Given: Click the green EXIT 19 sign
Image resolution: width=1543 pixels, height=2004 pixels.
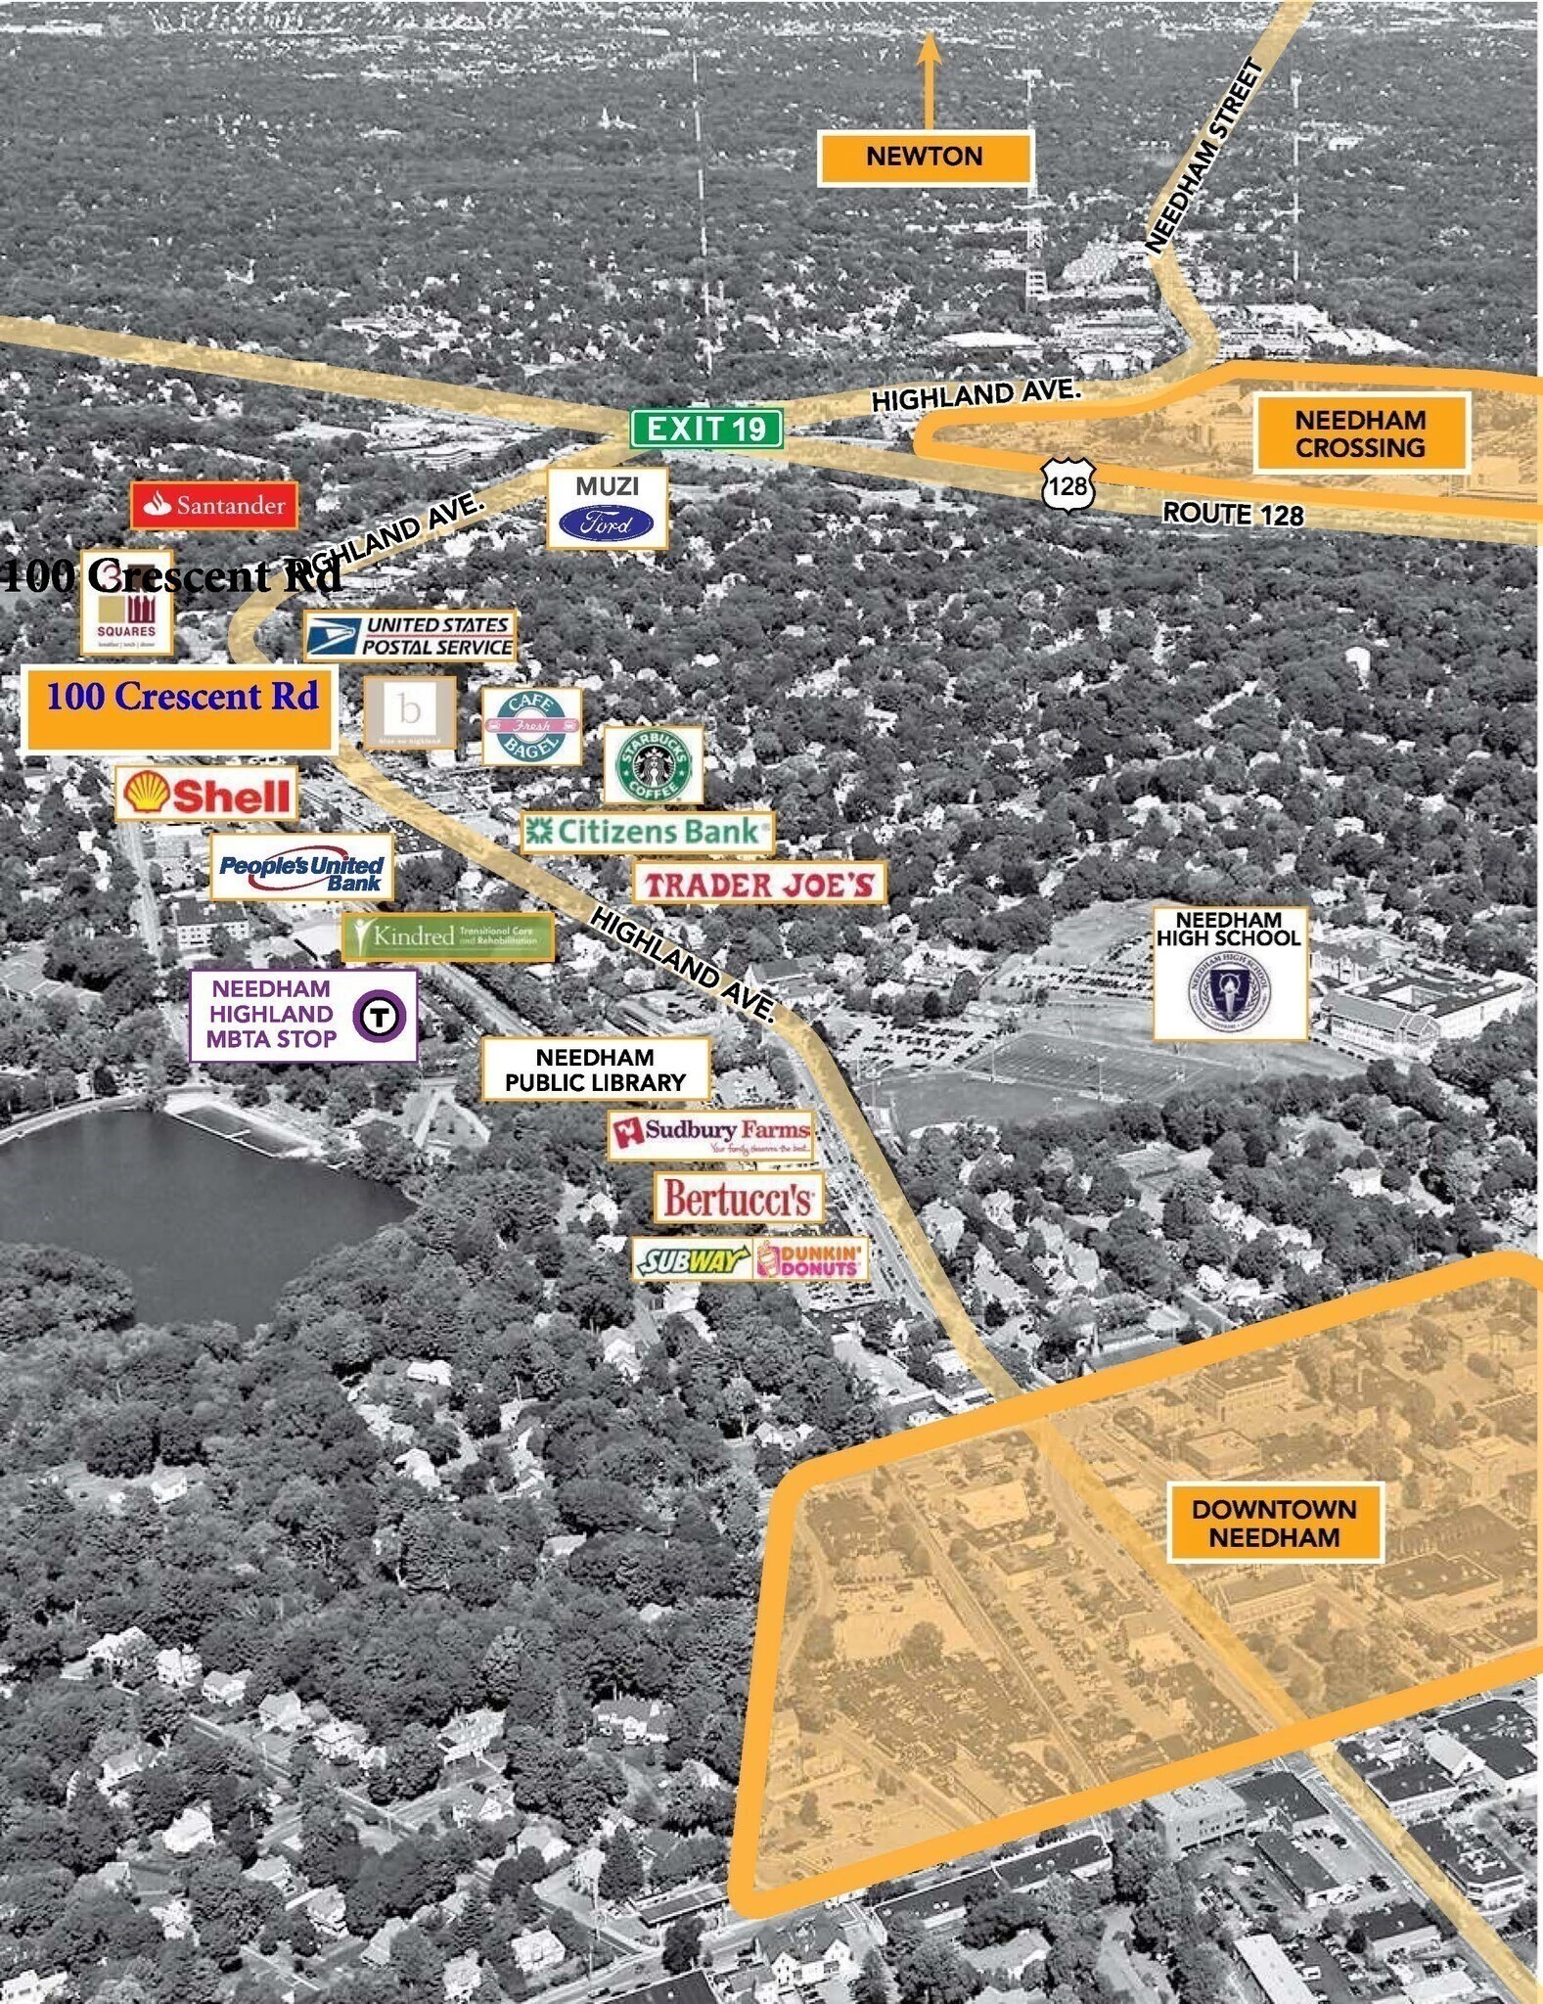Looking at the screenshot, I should [706, 428].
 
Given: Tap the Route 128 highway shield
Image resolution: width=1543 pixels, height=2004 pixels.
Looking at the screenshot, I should [1067, 484].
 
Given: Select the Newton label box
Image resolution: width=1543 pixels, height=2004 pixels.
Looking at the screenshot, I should [925, 157].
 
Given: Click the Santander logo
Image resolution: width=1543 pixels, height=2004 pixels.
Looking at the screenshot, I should [214, 505].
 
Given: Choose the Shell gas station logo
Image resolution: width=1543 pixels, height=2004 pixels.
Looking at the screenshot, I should [207, 793].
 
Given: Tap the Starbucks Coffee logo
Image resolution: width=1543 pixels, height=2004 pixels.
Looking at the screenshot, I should [653, 765].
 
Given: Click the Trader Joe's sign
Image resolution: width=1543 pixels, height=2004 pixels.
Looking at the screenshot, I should [759, 884].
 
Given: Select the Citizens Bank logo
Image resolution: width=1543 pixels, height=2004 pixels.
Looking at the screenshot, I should [647, 832].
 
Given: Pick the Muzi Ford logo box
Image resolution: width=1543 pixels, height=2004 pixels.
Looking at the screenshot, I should [607, 508].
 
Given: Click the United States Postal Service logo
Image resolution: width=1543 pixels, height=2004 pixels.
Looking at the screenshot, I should [410, 636].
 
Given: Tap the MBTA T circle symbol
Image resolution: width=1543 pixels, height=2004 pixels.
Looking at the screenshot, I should [379, 1016].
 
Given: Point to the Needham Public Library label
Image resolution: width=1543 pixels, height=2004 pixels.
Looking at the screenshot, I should [595, 1070].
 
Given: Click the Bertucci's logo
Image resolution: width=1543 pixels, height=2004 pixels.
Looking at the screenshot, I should [739, 1198].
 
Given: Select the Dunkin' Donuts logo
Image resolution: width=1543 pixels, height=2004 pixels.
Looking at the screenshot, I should [811, 1259].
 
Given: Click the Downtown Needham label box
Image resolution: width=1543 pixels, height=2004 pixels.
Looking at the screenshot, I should [1274, 1522].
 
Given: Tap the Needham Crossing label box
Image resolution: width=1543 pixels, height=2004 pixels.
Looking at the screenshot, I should [1360, 433].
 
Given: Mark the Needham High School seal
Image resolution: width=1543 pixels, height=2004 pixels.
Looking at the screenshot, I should [1230, 989].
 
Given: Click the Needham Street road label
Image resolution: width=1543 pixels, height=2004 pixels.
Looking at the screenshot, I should [1204, 158].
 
